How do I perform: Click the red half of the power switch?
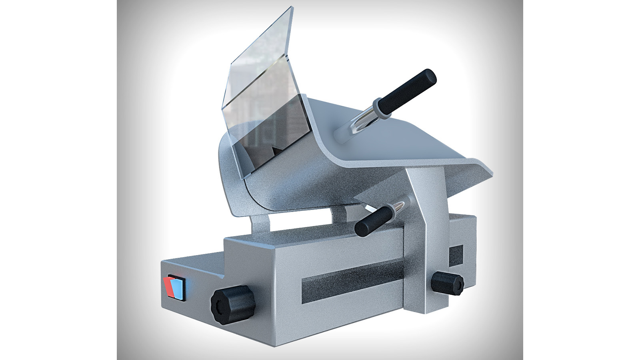coord(168,287)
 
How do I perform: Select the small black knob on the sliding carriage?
coord(448,283)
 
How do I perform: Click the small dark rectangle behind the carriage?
coord(456,255)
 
